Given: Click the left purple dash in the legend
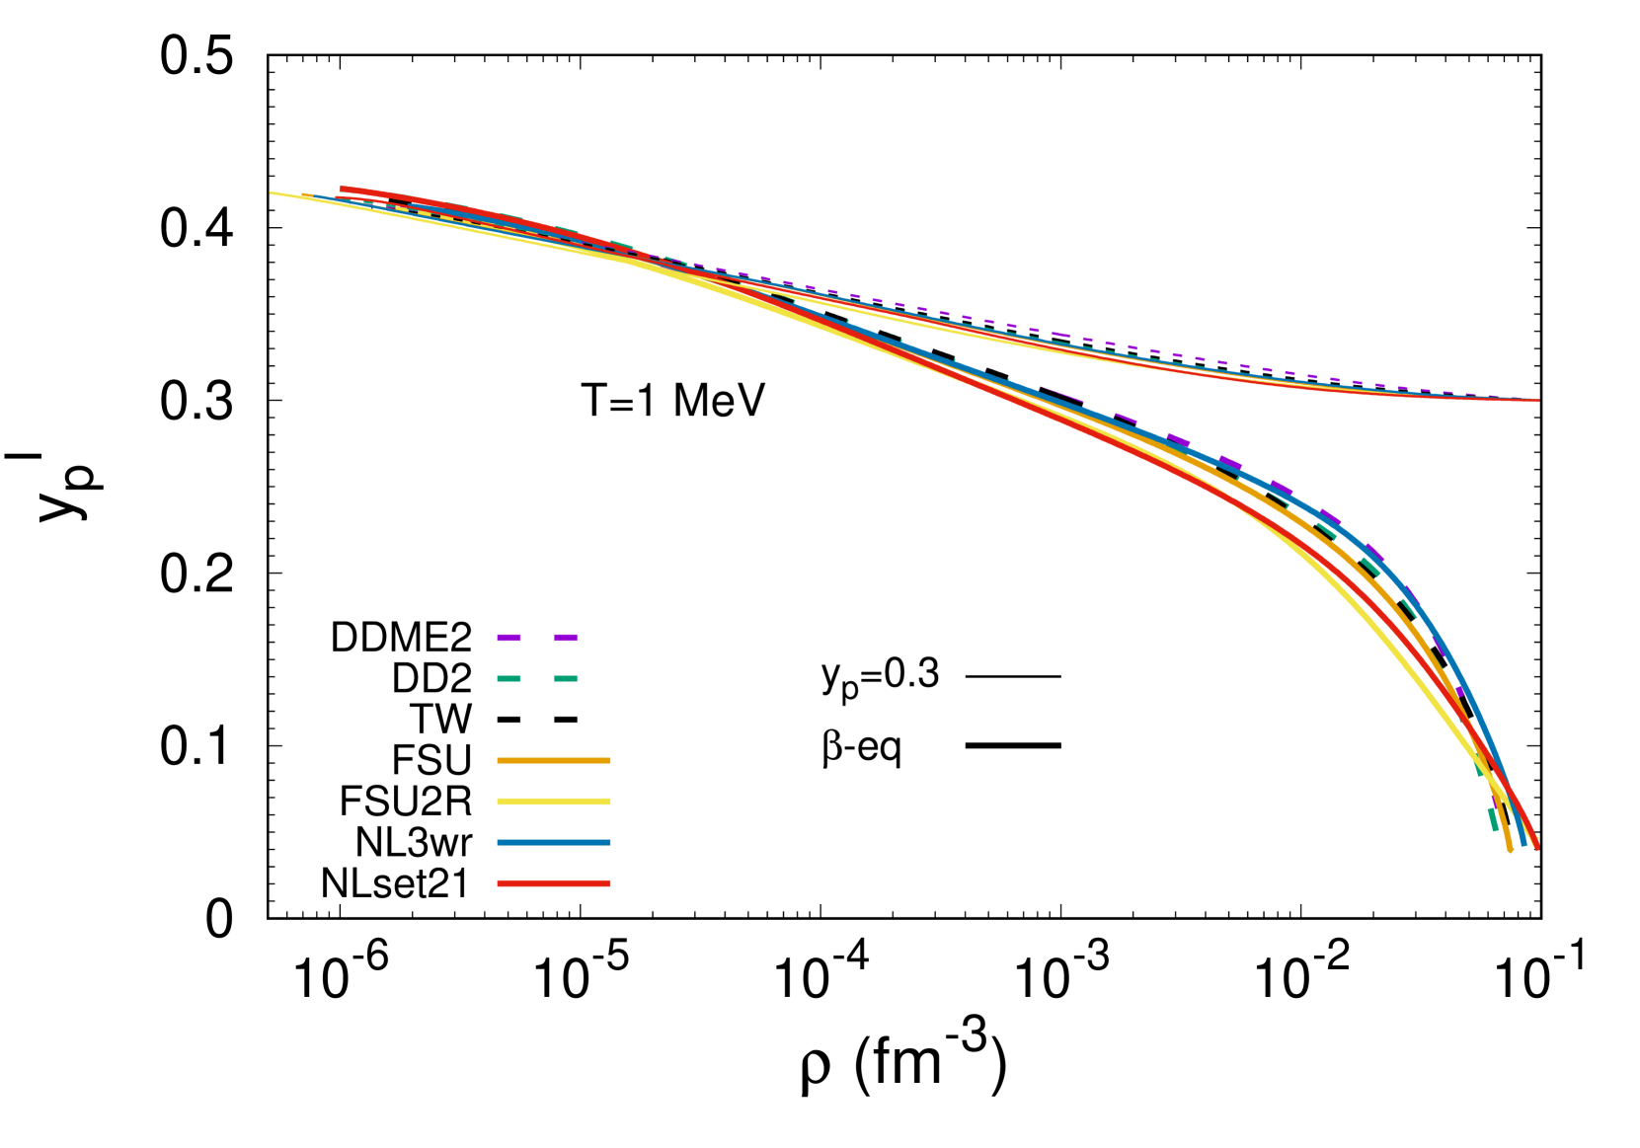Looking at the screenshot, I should point(508,638).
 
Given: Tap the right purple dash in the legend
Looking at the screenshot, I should point(566,638).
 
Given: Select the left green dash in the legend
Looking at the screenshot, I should point(508,679).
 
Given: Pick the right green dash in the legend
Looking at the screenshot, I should point(566,679).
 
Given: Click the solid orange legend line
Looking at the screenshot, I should point(554,761).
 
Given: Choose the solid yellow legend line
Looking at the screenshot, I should point(554,802).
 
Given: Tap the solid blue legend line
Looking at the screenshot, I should point(554,843).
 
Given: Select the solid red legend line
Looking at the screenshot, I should point(554,883).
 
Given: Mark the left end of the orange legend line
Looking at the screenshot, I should point(499,761).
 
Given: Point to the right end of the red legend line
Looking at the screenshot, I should point(609,883).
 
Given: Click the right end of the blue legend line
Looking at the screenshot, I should point(609,843).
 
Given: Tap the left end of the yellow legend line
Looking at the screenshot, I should point(499,802).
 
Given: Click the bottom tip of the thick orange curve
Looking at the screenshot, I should point(1510,849).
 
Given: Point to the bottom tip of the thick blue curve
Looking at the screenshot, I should point(1523,843).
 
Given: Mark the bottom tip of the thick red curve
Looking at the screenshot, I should point(1537,847).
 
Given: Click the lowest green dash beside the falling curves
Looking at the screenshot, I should point(1493,819).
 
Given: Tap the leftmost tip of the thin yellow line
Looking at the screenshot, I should point(273,192).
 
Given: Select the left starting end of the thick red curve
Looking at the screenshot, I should point(343,189).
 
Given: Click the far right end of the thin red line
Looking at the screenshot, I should point(1537,401).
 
